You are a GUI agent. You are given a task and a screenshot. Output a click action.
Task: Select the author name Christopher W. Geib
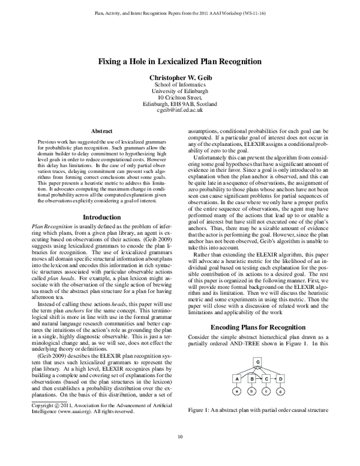(180, 77)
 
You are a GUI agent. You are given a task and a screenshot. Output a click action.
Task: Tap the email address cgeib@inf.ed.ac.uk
(180, 110)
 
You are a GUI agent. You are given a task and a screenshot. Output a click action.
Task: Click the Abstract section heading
(101, 130)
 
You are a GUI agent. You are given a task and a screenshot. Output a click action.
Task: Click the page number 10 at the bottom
(180, 454)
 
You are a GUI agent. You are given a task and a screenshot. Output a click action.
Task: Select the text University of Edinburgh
(180, 91)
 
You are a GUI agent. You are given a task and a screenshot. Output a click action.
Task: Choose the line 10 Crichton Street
(180, 97)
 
